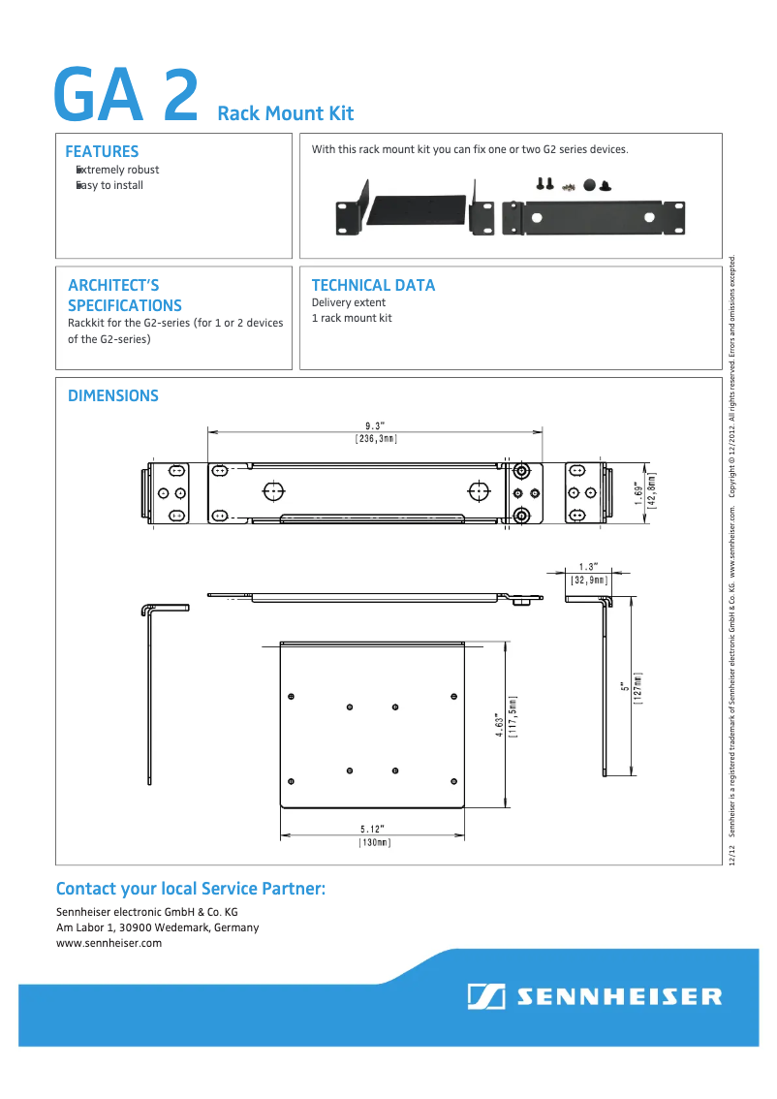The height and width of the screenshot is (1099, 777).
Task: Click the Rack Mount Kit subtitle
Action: coord(286,114)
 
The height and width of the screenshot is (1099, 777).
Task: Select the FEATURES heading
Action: coord(102,151)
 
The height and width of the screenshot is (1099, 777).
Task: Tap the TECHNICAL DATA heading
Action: coord(373,285)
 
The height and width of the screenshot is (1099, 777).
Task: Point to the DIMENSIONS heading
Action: coord(112,395)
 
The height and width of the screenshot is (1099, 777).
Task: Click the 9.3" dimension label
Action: coord(376,425)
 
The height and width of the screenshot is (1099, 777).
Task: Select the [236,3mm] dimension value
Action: coord(376,439)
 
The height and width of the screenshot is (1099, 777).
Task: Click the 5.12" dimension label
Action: coord(373,829)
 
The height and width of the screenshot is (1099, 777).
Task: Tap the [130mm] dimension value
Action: coord(374,842)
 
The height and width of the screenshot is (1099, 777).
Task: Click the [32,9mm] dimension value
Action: coord(589,580)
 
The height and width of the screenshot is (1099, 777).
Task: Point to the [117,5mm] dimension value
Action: coord(513,717)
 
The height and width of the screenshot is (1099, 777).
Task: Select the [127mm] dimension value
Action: coord(638,689)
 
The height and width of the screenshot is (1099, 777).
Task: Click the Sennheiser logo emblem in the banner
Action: coord(485,997)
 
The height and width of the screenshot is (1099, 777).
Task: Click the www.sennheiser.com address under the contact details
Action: coord(109,943)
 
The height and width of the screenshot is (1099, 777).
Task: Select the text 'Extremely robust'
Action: coord(118,170)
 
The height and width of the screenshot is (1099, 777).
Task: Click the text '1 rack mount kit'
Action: coord(352,318)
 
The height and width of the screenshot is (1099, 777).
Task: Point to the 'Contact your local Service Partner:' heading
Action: coord(191,889)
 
